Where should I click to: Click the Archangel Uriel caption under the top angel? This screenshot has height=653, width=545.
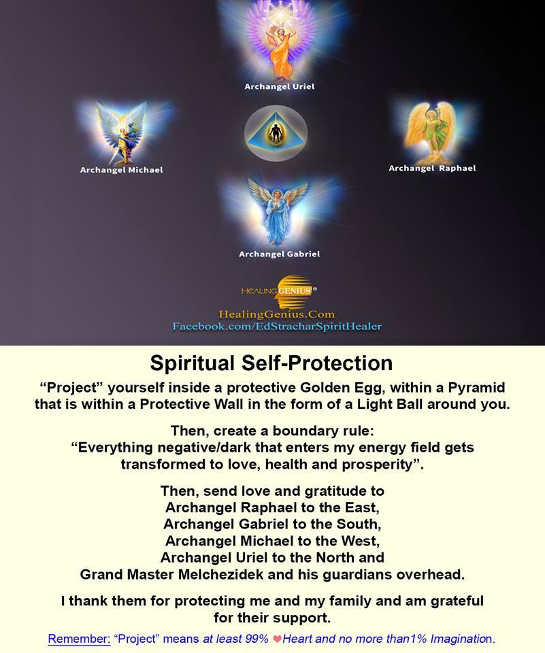(279, 86)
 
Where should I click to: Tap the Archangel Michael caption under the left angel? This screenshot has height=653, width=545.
(121, 170)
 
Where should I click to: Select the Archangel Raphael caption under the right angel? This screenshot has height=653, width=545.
(432, 168)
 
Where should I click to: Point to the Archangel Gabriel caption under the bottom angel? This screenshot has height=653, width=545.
(279, 254)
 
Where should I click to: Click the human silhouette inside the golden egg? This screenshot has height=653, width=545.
(275, 133)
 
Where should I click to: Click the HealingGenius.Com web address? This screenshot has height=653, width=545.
(277, 314)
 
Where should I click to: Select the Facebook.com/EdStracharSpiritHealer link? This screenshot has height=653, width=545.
(277, 326)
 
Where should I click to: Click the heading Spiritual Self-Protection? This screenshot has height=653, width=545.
(271, 363)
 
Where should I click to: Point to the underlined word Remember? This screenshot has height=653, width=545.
(79, 639)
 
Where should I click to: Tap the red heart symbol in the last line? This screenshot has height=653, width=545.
(277, 639)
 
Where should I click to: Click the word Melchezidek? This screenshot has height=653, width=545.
(221, 575)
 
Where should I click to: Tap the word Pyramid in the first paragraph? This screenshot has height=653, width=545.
(476, 388)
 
